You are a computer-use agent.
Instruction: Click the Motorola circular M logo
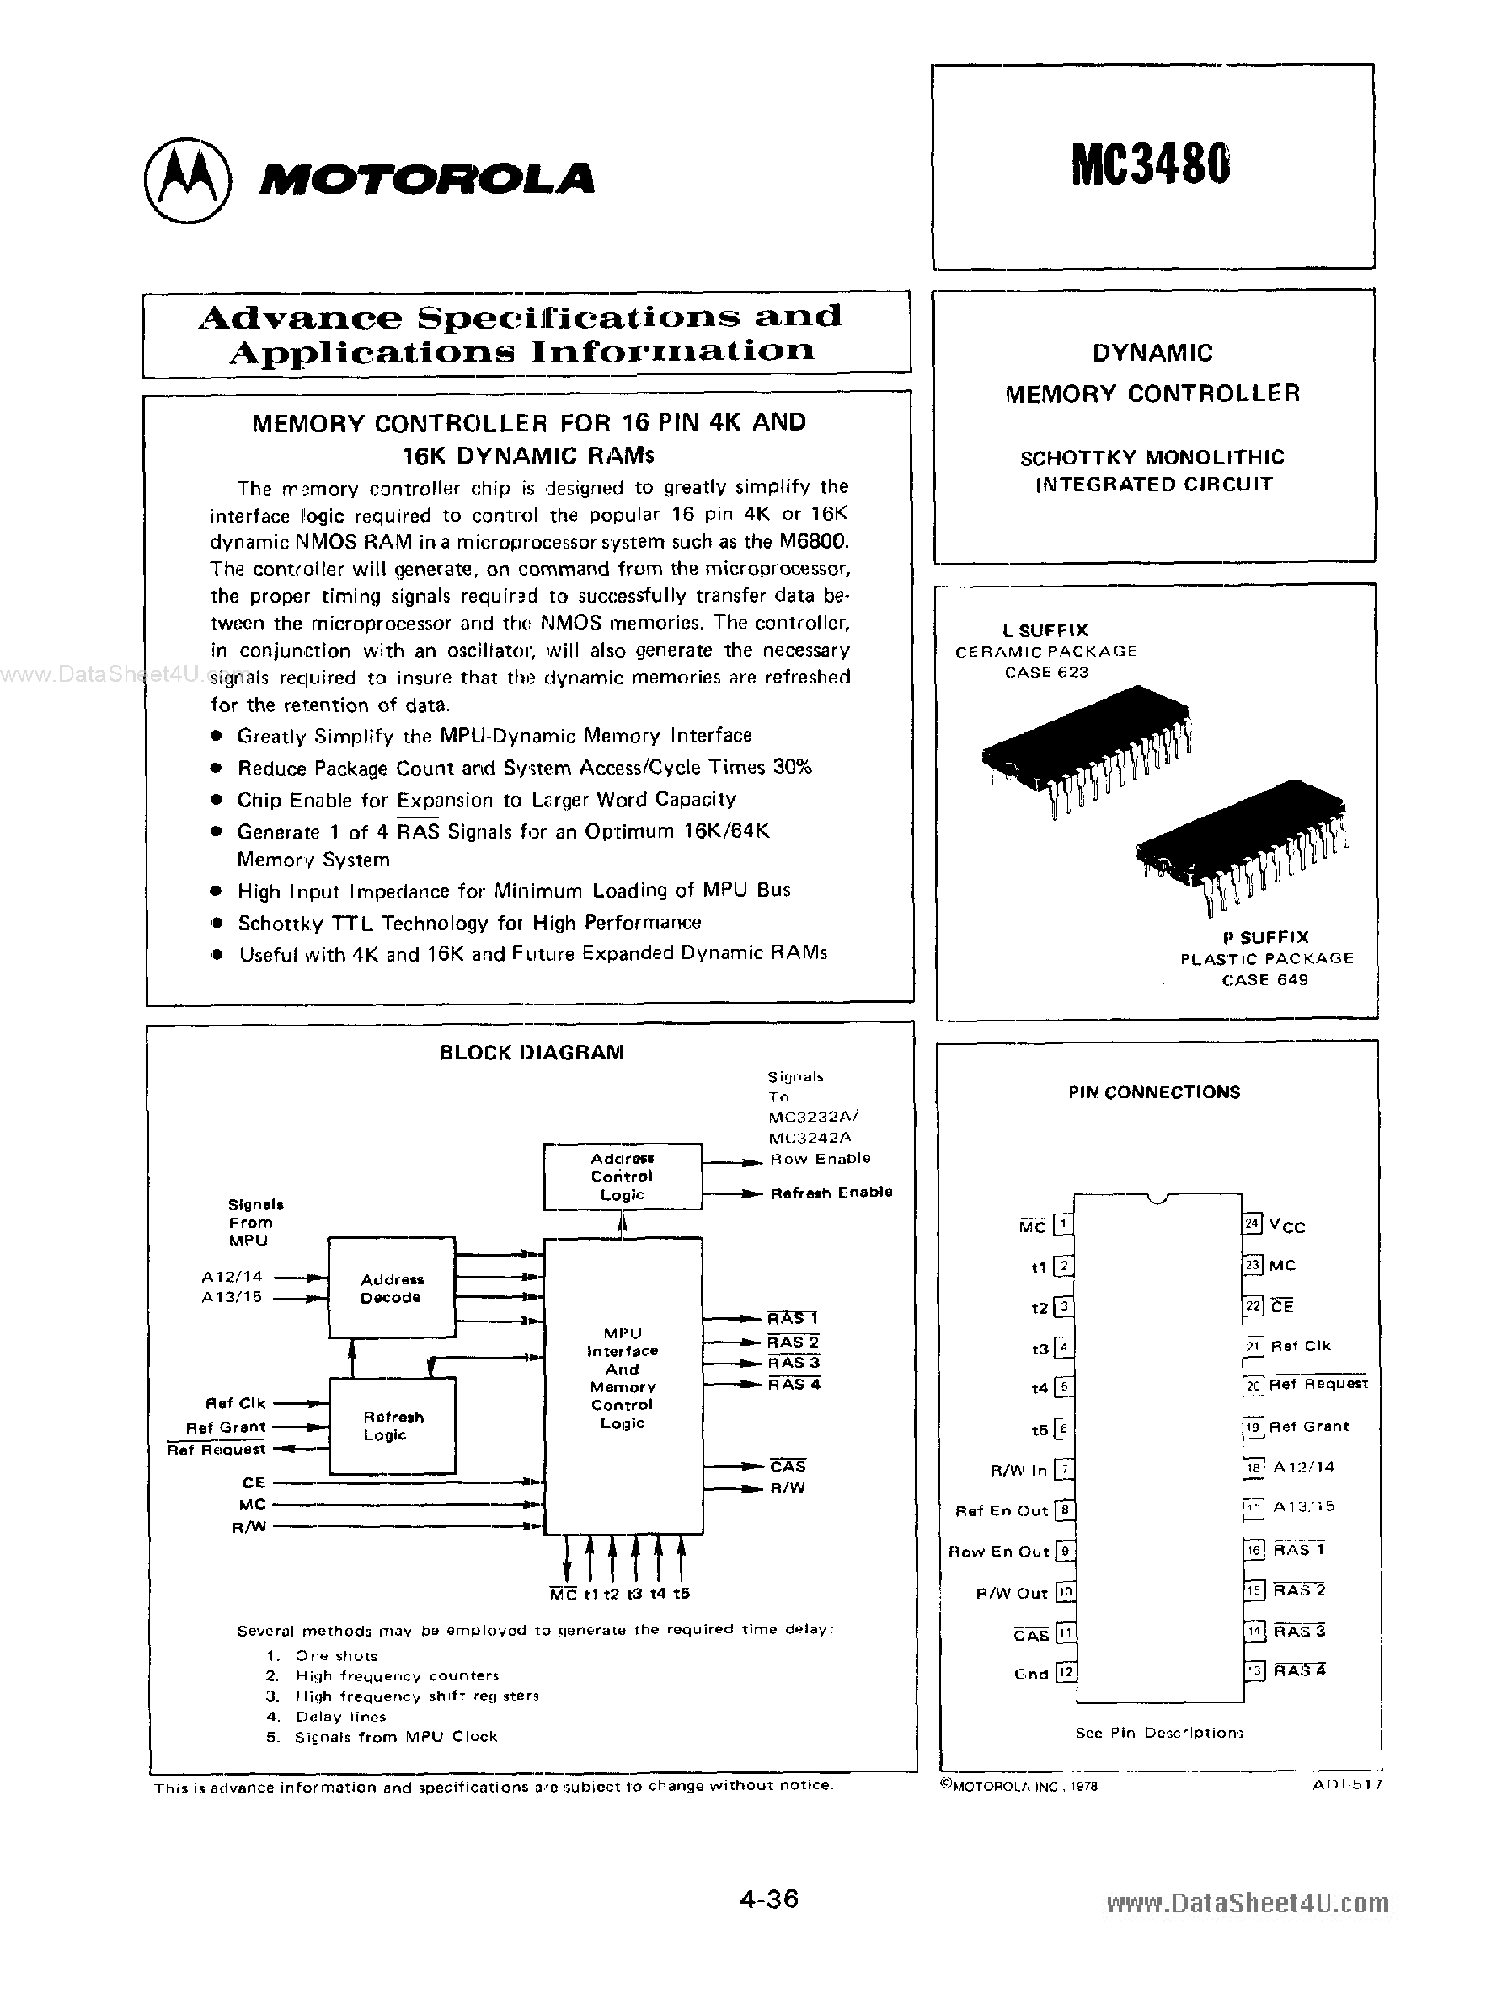187,180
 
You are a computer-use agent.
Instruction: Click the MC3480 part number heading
1151,167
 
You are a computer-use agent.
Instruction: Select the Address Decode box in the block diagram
391,1289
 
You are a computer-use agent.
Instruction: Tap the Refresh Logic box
393,1425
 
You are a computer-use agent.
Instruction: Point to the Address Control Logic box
623,1176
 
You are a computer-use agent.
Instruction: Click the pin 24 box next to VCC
1252,1223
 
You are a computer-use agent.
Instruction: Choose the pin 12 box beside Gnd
1065,1673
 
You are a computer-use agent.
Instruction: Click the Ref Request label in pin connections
1318,1384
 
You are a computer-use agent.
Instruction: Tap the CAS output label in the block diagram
788,1466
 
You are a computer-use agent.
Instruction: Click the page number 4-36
769,1899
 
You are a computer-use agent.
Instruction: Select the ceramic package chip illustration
1087,750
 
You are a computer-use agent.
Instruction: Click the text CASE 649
1264,980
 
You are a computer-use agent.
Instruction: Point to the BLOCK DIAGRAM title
532,1052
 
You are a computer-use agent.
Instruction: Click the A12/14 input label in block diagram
232,1276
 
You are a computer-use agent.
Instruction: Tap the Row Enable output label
821,1159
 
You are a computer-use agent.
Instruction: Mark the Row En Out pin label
998,1552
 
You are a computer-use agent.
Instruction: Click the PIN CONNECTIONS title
1154,1092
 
